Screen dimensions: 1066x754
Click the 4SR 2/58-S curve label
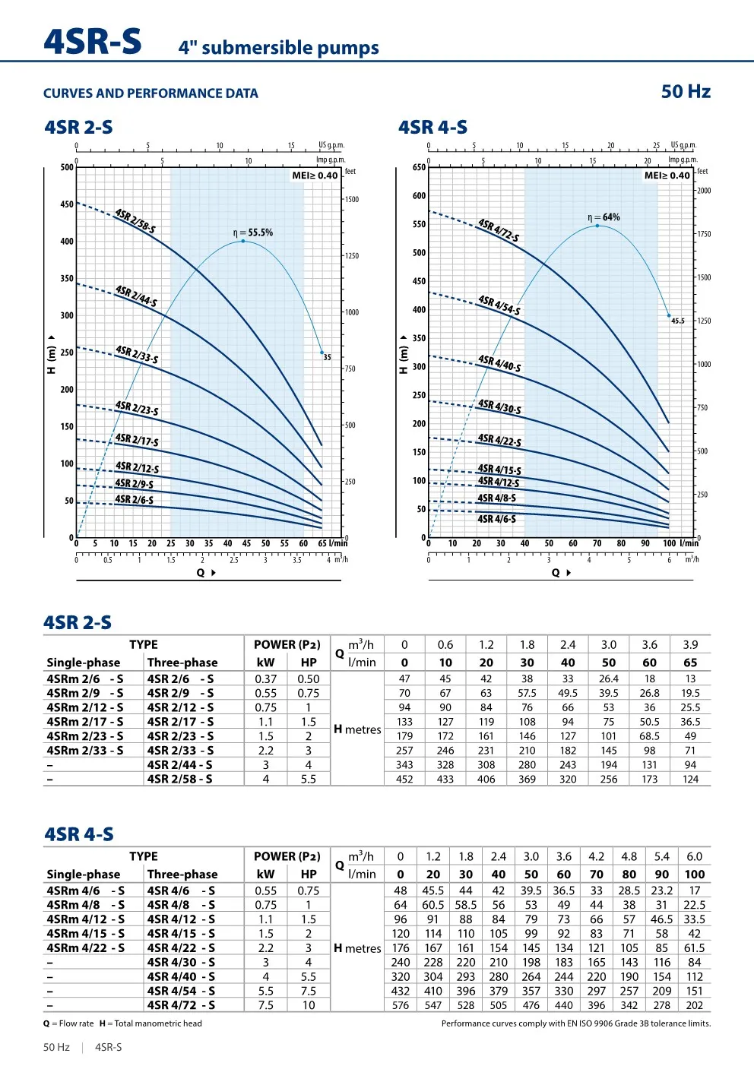pos(135,221)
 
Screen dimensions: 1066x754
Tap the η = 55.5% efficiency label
pos(252,232)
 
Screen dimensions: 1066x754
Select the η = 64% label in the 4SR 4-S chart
pos(604,217)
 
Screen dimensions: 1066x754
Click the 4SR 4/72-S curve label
pos(499,230)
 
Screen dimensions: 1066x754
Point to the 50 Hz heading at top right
pos(685,92)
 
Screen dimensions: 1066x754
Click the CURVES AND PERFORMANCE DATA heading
pos(150,93)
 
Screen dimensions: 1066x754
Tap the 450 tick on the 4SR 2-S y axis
pos(67,204)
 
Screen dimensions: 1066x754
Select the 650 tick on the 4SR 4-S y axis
pos(419,167)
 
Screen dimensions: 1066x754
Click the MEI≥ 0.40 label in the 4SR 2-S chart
pos(315,176)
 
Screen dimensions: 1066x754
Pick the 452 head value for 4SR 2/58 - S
pos(404,779)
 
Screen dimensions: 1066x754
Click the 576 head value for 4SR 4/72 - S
pos(401,1005)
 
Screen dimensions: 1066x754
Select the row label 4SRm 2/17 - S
pos(84,722)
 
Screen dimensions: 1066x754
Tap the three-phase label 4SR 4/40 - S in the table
pos(181,976)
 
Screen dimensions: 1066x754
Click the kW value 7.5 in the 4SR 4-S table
pos(265,1005)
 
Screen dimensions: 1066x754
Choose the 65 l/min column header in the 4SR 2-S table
pos(690,663)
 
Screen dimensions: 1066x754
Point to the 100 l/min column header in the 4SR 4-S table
pos(694,875)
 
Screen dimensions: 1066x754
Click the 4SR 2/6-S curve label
pos(134,500)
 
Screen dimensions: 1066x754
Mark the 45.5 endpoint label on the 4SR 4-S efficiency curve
pos(677,321)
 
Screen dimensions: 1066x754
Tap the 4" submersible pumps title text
pos(278,48)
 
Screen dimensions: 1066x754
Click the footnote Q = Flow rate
pos(68,1023)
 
